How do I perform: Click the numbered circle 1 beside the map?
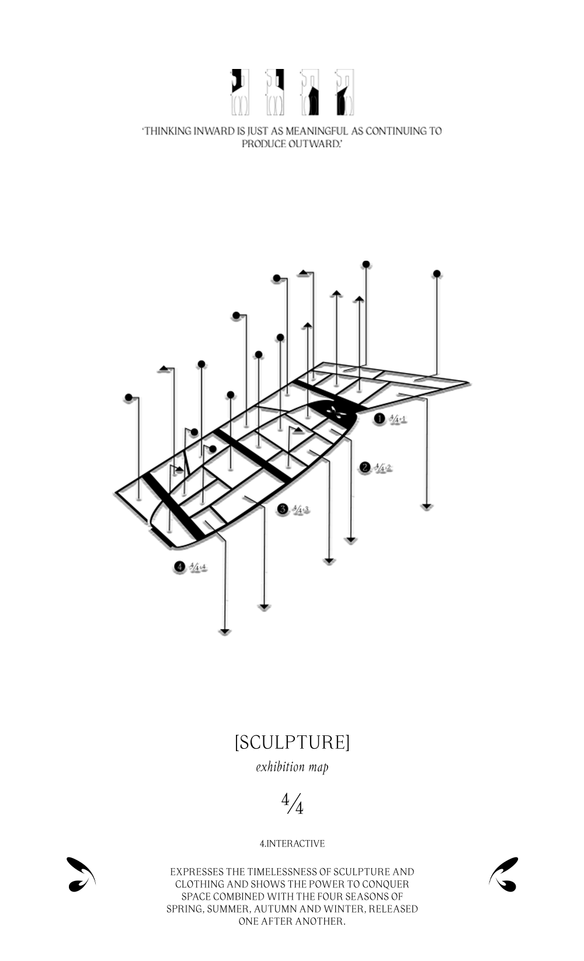click(x=380, y=419)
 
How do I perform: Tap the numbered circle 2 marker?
click(x=365, y=467)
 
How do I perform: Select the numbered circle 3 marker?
click(x=283, y=509)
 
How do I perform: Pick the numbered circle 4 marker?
click(x=179, y=566)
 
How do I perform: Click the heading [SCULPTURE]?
click(x=292, y=742)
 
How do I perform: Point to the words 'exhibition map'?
click(x=292, y=767)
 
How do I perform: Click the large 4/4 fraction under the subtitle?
click(x=292, y=804)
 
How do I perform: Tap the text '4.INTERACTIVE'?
click(x=292, y=844)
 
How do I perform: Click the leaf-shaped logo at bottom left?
click(x=81, y=874)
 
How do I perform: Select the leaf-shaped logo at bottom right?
click(x=503, y=874)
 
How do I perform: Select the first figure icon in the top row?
click(x=240, y=92)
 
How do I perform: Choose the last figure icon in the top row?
click(x=345, y=92)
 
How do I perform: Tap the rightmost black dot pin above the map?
click(x=436, y=274)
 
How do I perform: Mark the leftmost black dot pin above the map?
click(x=128, y=397)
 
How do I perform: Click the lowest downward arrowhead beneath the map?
click(x=225, y=631)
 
